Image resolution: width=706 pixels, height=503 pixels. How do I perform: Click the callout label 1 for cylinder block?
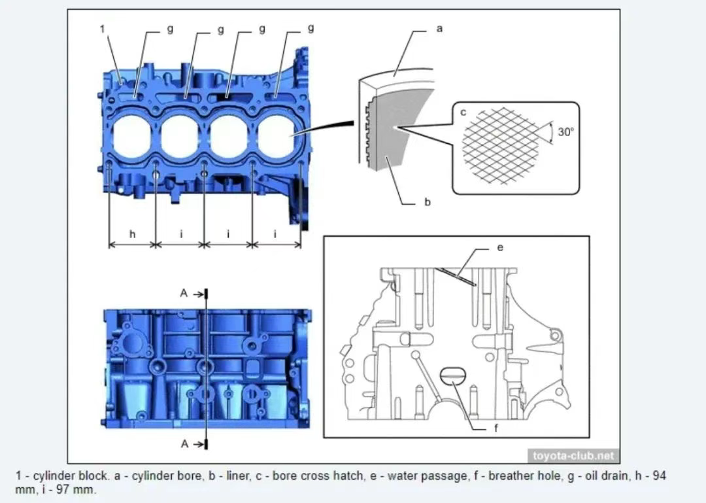point(103,29)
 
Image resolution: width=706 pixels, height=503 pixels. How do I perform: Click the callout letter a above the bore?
point(439,29)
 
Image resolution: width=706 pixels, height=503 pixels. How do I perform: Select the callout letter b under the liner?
point(428,202)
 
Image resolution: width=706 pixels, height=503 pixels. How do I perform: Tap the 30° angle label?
point(565,131)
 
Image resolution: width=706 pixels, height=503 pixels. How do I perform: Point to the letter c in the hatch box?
point(463,113)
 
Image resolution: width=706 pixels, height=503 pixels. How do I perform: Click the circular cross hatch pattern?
point(501,145)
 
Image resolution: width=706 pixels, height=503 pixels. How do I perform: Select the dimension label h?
point(133,234)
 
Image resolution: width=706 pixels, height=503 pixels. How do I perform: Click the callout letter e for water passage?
point(500,248)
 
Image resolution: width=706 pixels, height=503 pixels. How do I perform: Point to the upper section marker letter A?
point(184,293)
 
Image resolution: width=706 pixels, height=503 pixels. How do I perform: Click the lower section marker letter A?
point(184,443)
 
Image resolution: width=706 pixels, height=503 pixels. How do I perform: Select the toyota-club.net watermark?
point(573,456)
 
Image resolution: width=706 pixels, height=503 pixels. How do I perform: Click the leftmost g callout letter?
point(171,29)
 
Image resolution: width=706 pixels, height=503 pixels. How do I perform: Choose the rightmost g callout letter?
point(310,29)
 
